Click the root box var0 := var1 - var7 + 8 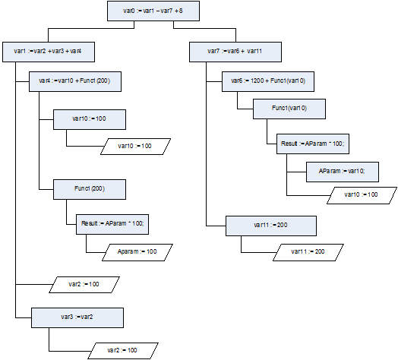pyautogui.click(x=153, y=11)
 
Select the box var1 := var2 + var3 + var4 pyautogui.click(x=49, y=52)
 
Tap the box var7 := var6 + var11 pyautogui.click(x=235, y=52)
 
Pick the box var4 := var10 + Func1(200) pyautogui.click(x=75, y=81)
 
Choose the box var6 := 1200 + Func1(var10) pyautogui.click(x=268, y=81)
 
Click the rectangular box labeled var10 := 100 pyautogui.click(x=90, y=119)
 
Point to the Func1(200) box pyautogui.click(x=90, y=189)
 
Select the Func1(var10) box pyautogui.click(x=289, y=109)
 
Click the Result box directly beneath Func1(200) pyautogui.click(x=112, y=224)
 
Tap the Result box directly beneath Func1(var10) pyautogui.click(x=313, y=144)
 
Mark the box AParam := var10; pyautogui.click(x=343, y=172)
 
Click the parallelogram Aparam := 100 pyautogui.click(x=137, y=252)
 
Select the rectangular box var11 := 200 pyautogui.click(x=271, y=226)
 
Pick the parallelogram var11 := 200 pyautogui.click(x=308, y=252)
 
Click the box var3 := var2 pyautogui.click(x=77, y=318)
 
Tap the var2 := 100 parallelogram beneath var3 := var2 pyautogui.click(x=123, y=351)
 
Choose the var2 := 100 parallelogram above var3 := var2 pyautogui.click(x=84, y=285)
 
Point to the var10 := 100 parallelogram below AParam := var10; pyautogui.click(x=362, y=195)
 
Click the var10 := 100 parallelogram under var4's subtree pyautogui.click(x=135, y=147)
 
